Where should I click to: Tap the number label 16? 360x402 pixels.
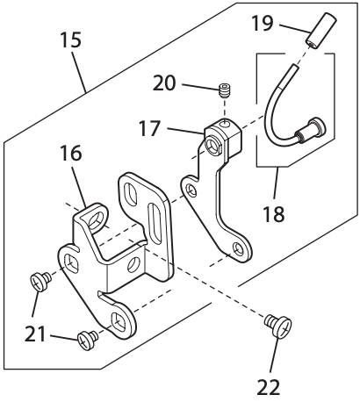coord(71,154)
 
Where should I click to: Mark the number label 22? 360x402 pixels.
coord(271,385)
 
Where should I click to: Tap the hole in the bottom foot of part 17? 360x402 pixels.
coord(236,250)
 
